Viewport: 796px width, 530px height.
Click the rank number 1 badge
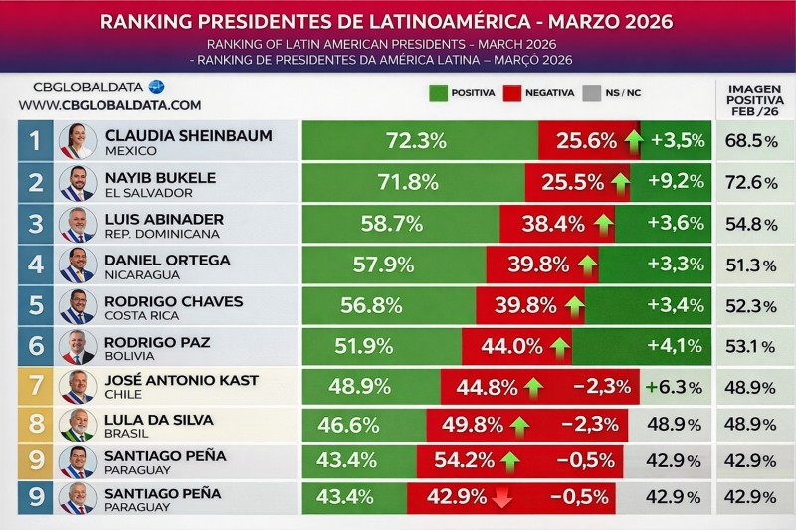[x=35, y=141]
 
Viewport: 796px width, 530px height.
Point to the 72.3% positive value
[x=416, y=141]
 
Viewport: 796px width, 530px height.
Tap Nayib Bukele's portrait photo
[x=77, y=183]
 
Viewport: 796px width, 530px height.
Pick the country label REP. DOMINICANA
[x=164, y=234]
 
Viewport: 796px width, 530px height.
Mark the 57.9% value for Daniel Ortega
[x=383, y=265]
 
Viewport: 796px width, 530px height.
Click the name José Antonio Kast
[x=182, y=380]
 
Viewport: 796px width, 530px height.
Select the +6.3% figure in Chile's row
[x=676, y=387]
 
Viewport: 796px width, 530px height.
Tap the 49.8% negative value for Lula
[x=473, y=426]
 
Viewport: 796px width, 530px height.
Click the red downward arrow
[x=500, y=497]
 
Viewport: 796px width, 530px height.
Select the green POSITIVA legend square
[x=437, y=93]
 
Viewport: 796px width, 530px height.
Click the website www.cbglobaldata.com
[x=109, y=105]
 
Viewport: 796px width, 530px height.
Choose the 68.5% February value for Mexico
[x=754, y=141]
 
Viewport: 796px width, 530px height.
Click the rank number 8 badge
[x=35, y=426]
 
